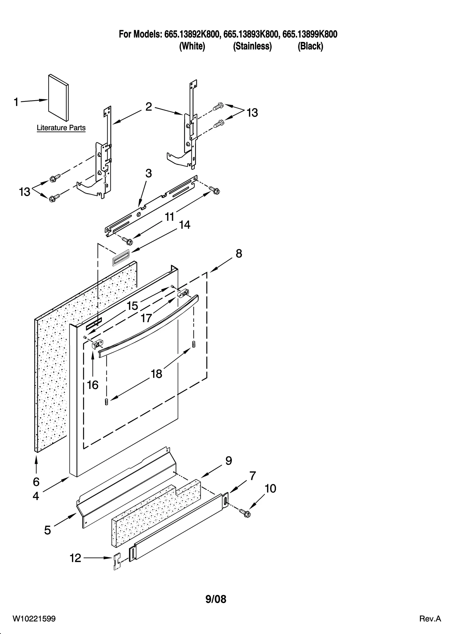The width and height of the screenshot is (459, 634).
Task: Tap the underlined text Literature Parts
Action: coord(61,128)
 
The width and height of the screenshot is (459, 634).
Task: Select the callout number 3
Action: coord(148,173)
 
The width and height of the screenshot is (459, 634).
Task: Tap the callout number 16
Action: coord(93,385)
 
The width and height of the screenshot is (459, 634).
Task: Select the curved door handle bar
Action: coord(149,324)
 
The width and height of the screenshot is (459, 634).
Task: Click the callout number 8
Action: coord(239,253)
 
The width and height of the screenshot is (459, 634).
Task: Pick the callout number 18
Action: coord(157,374)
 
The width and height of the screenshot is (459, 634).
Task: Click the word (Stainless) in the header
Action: coord(252,46)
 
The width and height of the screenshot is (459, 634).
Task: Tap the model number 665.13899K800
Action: coord(310,34)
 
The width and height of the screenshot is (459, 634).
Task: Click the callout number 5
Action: coord(48,530)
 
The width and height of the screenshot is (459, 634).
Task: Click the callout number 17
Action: coord(147,318)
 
